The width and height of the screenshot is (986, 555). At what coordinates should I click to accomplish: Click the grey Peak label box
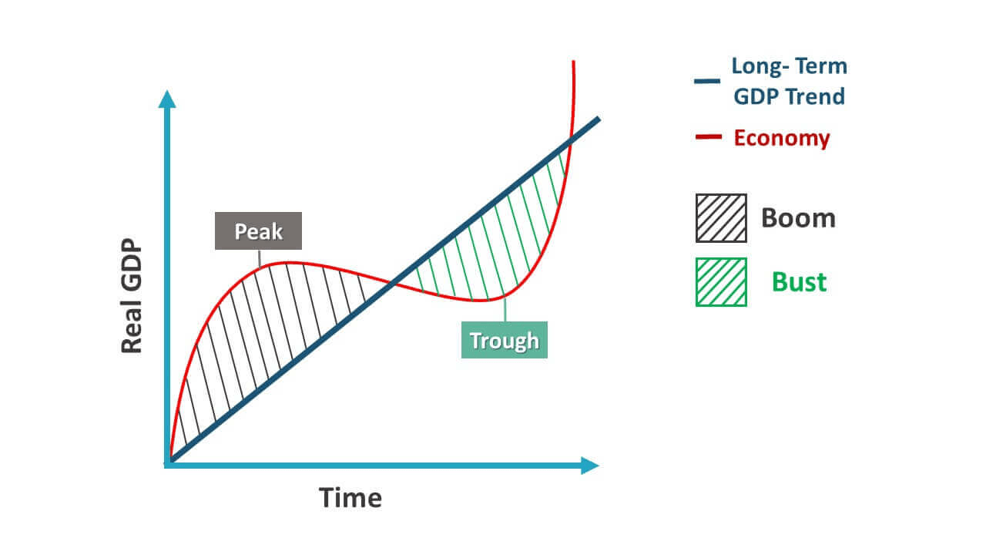258,231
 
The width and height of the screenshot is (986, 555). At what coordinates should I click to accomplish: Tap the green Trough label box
505,340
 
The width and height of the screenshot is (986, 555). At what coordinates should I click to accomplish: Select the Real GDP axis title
132,297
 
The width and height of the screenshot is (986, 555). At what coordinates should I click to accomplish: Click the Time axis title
350,498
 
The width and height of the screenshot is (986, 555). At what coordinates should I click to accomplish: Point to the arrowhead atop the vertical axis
166,98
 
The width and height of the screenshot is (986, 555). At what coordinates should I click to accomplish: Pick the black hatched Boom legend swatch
721,218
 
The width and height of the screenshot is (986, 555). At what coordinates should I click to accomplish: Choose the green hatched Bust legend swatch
721,282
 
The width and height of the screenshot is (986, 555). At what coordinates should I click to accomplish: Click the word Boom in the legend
798,218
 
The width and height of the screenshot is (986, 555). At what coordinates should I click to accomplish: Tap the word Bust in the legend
800,282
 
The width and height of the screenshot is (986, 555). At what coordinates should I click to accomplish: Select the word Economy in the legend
782,138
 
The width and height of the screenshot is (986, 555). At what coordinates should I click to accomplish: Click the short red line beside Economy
708,138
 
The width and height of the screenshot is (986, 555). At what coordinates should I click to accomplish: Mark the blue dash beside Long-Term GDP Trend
706,81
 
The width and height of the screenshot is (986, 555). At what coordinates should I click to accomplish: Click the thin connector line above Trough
505,310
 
